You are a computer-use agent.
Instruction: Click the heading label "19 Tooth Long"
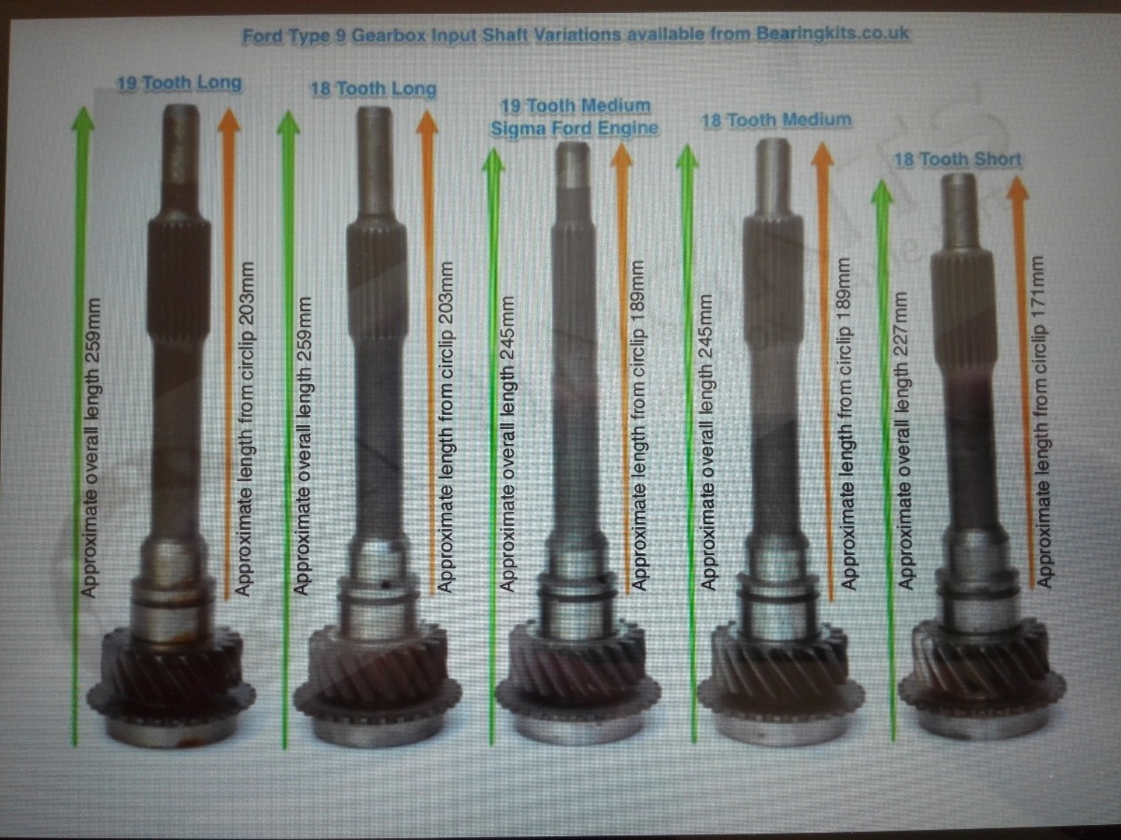coord(179,83)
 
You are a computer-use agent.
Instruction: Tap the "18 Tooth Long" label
coord(374,89)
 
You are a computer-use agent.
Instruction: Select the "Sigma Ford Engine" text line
coord(575,128)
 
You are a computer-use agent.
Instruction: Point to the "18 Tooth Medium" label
coord(777,121)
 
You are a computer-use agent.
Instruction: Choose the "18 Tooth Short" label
coord(958,160)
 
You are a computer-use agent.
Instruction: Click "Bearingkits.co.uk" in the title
coord(832,34)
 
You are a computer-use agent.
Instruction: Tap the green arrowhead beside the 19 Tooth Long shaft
coord(83,119)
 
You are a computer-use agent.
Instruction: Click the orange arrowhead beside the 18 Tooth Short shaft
coord(1018,188)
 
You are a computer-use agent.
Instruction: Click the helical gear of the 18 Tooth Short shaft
coord(981,660)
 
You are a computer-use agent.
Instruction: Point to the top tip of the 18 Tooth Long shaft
coord(375,107)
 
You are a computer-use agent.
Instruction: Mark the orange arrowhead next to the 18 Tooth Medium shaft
coord(822,153)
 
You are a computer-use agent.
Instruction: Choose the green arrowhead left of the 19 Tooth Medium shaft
coord(493,160)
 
